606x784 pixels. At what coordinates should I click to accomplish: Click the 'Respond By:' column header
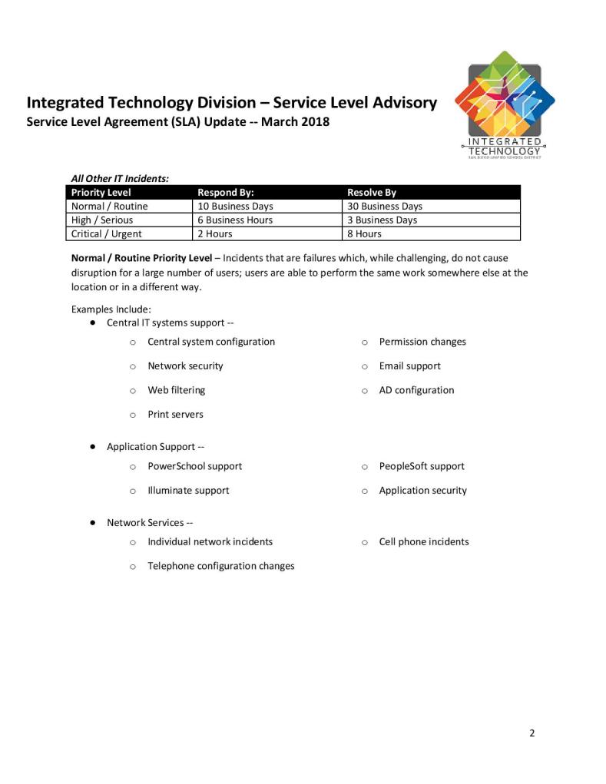click(x=226, y=193)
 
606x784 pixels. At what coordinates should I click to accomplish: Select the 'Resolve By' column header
click(x=372, y=193)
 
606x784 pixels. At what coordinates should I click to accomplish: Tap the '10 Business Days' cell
click(x=235, y=207)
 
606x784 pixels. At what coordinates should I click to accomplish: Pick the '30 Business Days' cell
click(x=385, y=207)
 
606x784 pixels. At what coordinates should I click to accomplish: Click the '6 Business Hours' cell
click(x=235, y=220)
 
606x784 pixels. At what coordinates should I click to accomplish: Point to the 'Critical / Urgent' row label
click(x=107, y=234)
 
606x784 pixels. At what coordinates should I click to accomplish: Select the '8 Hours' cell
click(x=364, y=234)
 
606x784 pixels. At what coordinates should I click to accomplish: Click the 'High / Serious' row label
click(x=102, y=220)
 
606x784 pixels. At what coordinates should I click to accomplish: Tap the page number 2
click(x=531, y=733)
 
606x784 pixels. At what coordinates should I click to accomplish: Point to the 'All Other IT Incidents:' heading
click(x=120, y=178)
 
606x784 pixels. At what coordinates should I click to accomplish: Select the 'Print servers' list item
click(x=175, y=415)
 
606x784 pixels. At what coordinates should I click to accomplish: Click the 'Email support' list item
click(x=409, y=366)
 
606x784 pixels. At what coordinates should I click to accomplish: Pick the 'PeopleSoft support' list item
click(x=422, y=466)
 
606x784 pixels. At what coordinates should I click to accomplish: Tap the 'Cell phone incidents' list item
click(x=423, y=542)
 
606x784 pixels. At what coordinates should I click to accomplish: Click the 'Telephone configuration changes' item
click(x=220, y=566)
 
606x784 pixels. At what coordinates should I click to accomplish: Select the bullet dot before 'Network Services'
click(x=92, y=522)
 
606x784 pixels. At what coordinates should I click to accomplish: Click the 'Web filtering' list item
click(x=176, y=390)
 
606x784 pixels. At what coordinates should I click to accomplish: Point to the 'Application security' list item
click(x=422, y=491)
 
